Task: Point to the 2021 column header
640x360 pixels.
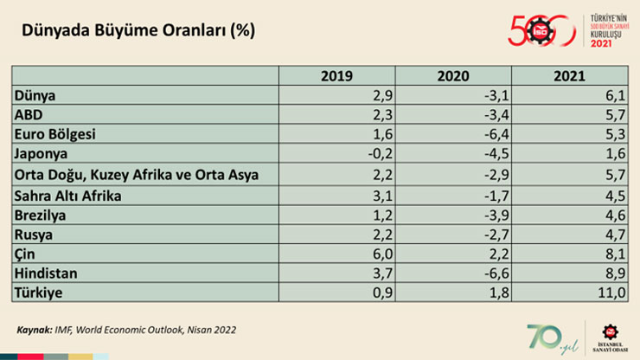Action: [565, 76]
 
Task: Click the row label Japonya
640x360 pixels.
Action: [42, 155]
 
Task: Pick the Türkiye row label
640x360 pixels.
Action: [39, 293]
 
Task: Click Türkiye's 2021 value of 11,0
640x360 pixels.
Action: [609, 293]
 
